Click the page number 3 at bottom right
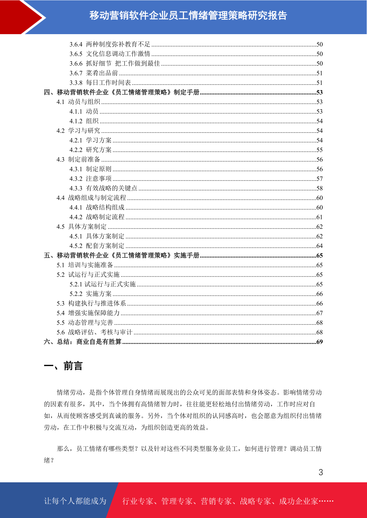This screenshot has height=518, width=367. click(320, 472)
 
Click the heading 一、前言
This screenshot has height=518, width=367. click(63, 366)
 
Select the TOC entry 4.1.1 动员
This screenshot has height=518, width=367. click(84, 111)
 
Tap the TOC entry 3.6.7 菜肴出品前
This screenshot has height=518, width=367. click(94, 73)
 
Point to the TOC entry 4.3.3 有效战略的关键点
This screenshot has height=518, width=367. click(103, 188)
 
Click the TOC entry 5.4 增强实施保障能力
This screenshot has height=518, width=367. click(88, 313)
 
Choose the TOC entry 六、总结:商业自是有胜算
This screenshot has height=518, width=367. click(83, 342)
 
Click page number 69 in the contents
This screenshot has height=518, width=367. click(320, 342)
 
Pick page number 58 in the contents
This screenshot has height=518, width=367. click(320, 188)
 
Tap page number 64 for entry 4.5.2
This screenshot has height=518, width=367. click(320, 246)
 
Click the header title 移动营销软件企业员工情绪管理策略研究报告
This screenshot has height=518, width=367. click(188, 15)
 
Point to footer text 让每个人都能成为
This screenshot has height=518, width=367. click(75, 501)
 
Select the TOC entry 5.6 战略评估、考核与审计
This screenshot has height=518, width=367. click(94, 332)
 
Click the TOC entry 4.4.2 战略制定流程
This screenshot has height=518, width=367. click(97, 217)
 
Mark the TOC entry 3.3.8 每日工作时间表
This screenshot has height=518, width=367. click(100, 83)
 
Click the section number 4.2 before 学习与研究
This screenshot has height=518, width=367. click(60, 131)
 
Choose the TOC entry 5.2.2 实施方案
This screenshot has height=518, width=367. click(91, 294)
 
